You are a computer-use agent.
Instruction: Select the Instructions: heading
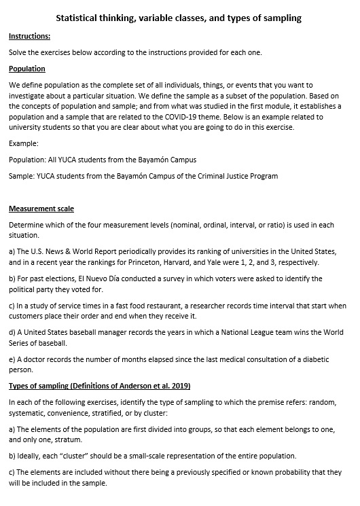29,36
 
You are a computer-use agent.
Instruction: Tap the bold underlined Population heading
27,69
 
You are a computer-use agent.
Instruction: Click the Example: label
24,143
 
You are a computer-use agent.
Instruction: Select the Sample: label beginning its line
23,176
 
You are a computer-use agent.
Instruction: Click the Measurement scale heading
41,209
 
